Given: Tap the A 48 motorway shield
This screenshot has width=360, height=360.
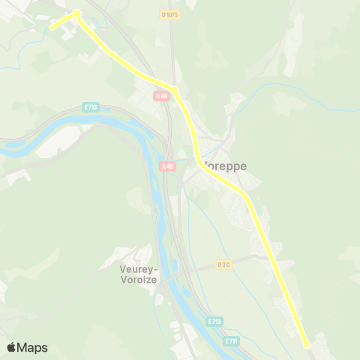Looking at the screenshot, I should pyautogui.click(x=162, y=96).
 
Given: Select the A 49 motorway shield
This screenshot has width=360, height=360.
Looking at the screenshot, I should pyautogui.click(x=167, y=166).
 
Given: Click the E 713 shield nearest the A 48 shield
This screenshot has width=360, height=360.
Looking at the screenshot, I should pyautogui.click(x=91, y=107).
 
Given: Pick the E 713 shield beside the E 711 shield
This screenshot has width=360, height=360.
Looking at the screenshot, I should pyautogui.click(x=214, y=321).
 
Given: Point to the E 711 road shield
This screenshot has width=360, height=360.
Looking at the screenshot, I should pyautogui.click(x=231, y=341).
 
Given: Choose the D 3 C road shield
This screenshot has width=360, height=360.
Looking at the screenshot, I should pyautogui.click(x=223, y=264).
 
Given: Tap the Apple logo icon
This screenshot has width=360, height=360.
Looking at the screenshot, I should pyautogui.click(x=11, y=347).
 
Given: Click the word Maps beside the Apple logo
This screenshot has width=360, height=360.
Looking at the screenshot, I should pyautogui.click(x=32, y=347).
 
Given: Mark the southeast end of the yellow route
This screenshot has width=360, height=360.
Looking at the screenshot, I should pyautogui.click(x=307, y=346).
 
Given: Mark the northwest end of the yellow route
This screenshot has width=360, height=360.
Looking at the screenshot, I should pyautogui.click(x=52, y=28).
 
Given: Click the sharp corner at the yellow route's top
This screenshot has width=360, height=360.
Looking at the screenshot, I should pyautogui.click(x=77, y=12).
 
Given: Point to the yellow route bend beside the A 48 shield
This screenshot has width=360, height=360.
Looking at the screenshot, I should pyautogui.click(x=177, y=91).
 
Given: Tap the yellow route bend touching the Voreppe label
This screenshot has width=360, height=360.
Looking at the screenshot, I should pyautogui.click(x=198, y=159).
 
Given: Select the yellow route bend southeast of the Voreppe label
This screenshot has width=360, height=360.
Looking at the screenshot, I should pyautogui.click(x=244, y=194).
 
